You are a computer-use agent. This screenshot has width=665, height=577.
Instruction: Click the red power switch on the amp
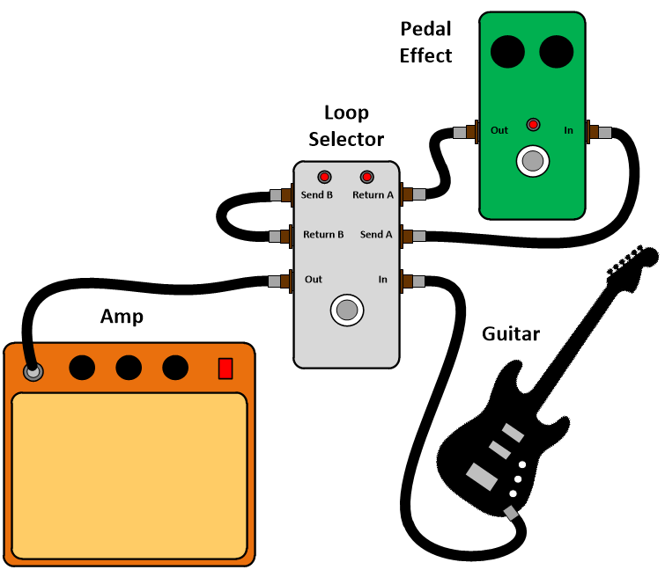(x=225, y=369)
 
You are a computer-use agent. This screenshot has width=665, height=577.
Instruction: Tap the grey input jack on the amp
(x=33, y=372)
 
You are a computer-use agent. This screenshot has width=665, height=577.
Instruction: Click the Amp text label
(x=122, y=317)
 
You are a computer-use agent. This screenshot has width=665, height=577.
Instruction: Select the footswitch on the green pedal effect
(x=531, y=161)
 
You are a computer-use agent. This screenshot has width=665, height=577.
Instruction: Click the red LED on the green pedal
(x=532, y=124)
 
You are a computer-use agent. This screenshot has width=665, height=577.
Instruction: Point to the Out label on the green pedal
(x=499, y=130)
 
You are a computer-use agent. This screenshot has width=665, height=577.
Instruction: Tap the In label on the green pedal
(x=569, y=130)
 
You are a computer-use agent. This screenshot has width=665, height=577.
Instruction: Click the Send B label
(x=317, y=194)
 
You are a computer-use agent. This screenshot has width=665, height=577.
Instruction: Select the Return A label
(x=373, y=194)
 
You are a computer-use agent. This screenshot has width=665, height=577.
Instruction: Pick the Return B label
(x=324, y=235)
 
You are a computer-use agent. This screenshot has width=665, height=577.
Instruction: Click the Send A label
(x=376, y=235)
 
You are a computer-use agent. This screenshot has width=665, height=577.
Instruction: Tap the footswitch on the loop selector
(x=347, y=310)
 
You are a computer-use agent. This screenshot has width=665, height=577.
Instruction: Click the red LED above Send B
(x=324, y=176)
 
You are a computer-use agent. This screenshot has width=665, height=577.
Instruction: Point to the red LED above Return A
(x=366, y=176)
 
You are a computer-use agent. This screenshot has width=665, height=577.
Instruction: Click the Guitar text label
(x=511, y=334)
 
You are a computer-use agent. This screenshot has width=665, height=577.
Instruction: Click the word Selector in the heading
(x=346, y=139)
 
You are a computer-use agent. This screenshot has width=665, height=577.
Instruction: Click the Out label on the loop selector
(x=314, y=280)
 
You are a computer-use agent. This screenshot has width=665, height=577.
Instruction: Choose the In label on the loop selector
(x=383, y=280)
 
